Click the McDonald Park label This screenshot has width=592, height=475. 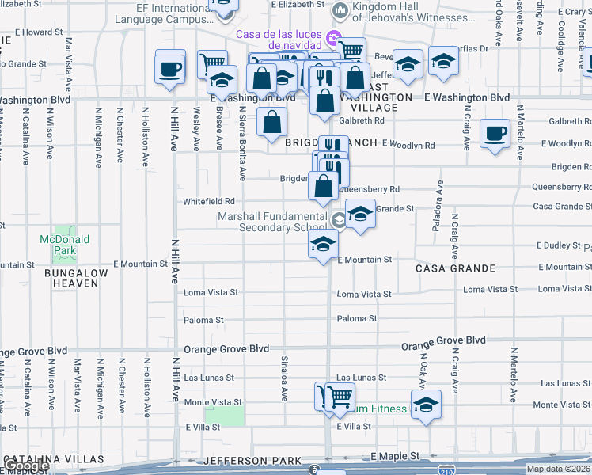65,245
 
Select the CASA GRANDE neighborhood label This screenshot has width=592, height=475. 455,268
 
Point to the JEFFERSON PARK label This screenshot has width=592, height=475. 252,461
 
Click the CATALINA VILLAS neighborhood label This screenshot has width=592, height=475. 53,459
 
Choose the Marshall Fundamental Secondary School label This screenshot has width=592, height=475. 272,222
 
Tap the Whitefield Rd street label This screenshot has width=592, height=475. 209,202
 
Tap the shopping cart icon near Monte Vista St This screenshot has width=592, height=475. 339,397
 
